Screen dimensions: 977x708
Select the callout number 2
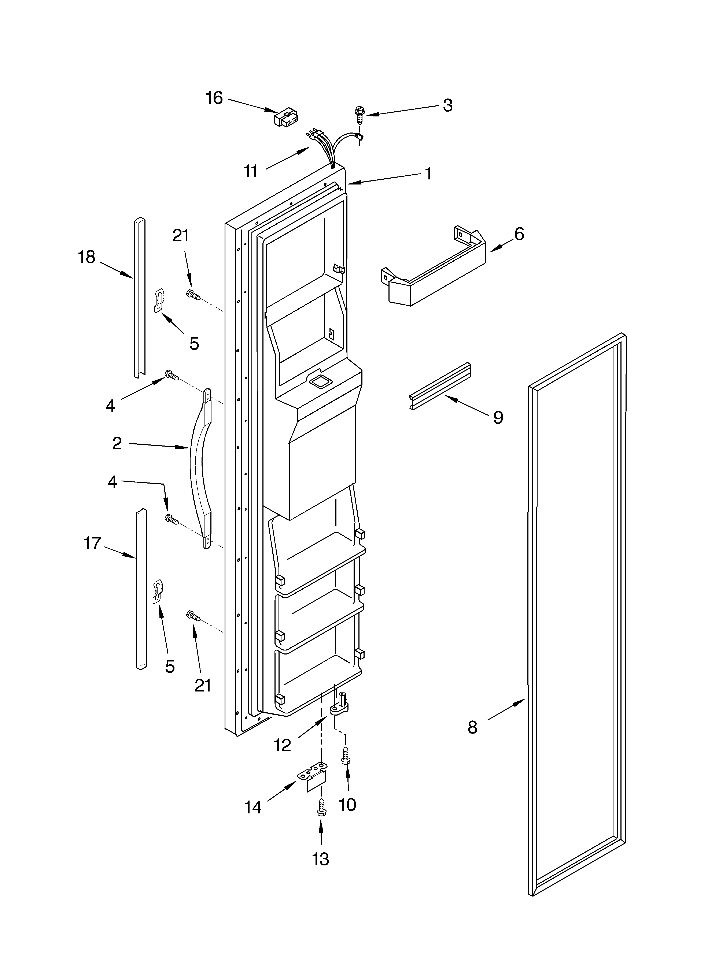tap(117, 443)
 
